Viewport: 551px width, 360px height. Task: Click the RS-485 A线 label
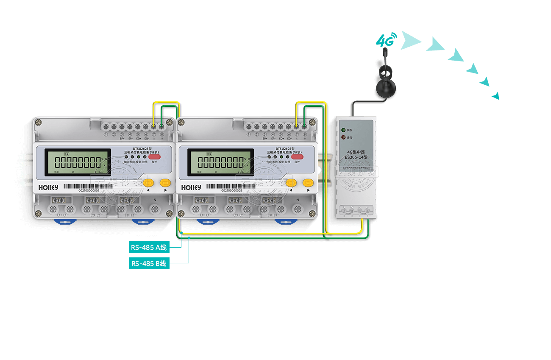tap(149, 247)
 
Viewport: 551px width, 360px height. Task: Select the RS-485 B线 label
tap(149, 263)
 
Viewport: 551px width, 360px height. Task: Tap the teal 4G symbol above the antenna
tap(386, 40)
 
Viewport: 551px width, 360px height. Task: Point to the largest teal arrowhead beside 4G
tap(409, 40)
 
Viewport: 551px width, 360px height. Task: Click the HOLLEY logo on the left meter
tap(48, 187)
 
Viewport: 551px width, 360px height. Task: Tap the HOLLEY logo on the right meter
tap(191, 187)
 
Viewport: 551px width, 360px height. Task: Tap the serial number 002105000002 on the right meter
tap(232, 191)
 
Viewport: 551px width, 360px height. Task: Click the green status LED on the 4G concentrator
tap(343, 130)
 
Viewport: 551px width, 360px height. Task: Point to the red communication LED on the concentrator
tap(343, 137)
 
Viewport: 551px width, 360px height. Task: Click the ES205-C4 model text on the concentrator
tap(356, 157)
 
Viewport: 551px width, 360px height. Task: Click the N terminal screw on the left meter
tap(155, 209)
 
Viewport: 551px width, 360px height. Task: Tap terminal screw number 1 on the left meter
tap(106, 126)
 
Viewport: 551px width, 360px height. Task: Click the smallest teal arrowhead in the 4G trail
tap(496, 96)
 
